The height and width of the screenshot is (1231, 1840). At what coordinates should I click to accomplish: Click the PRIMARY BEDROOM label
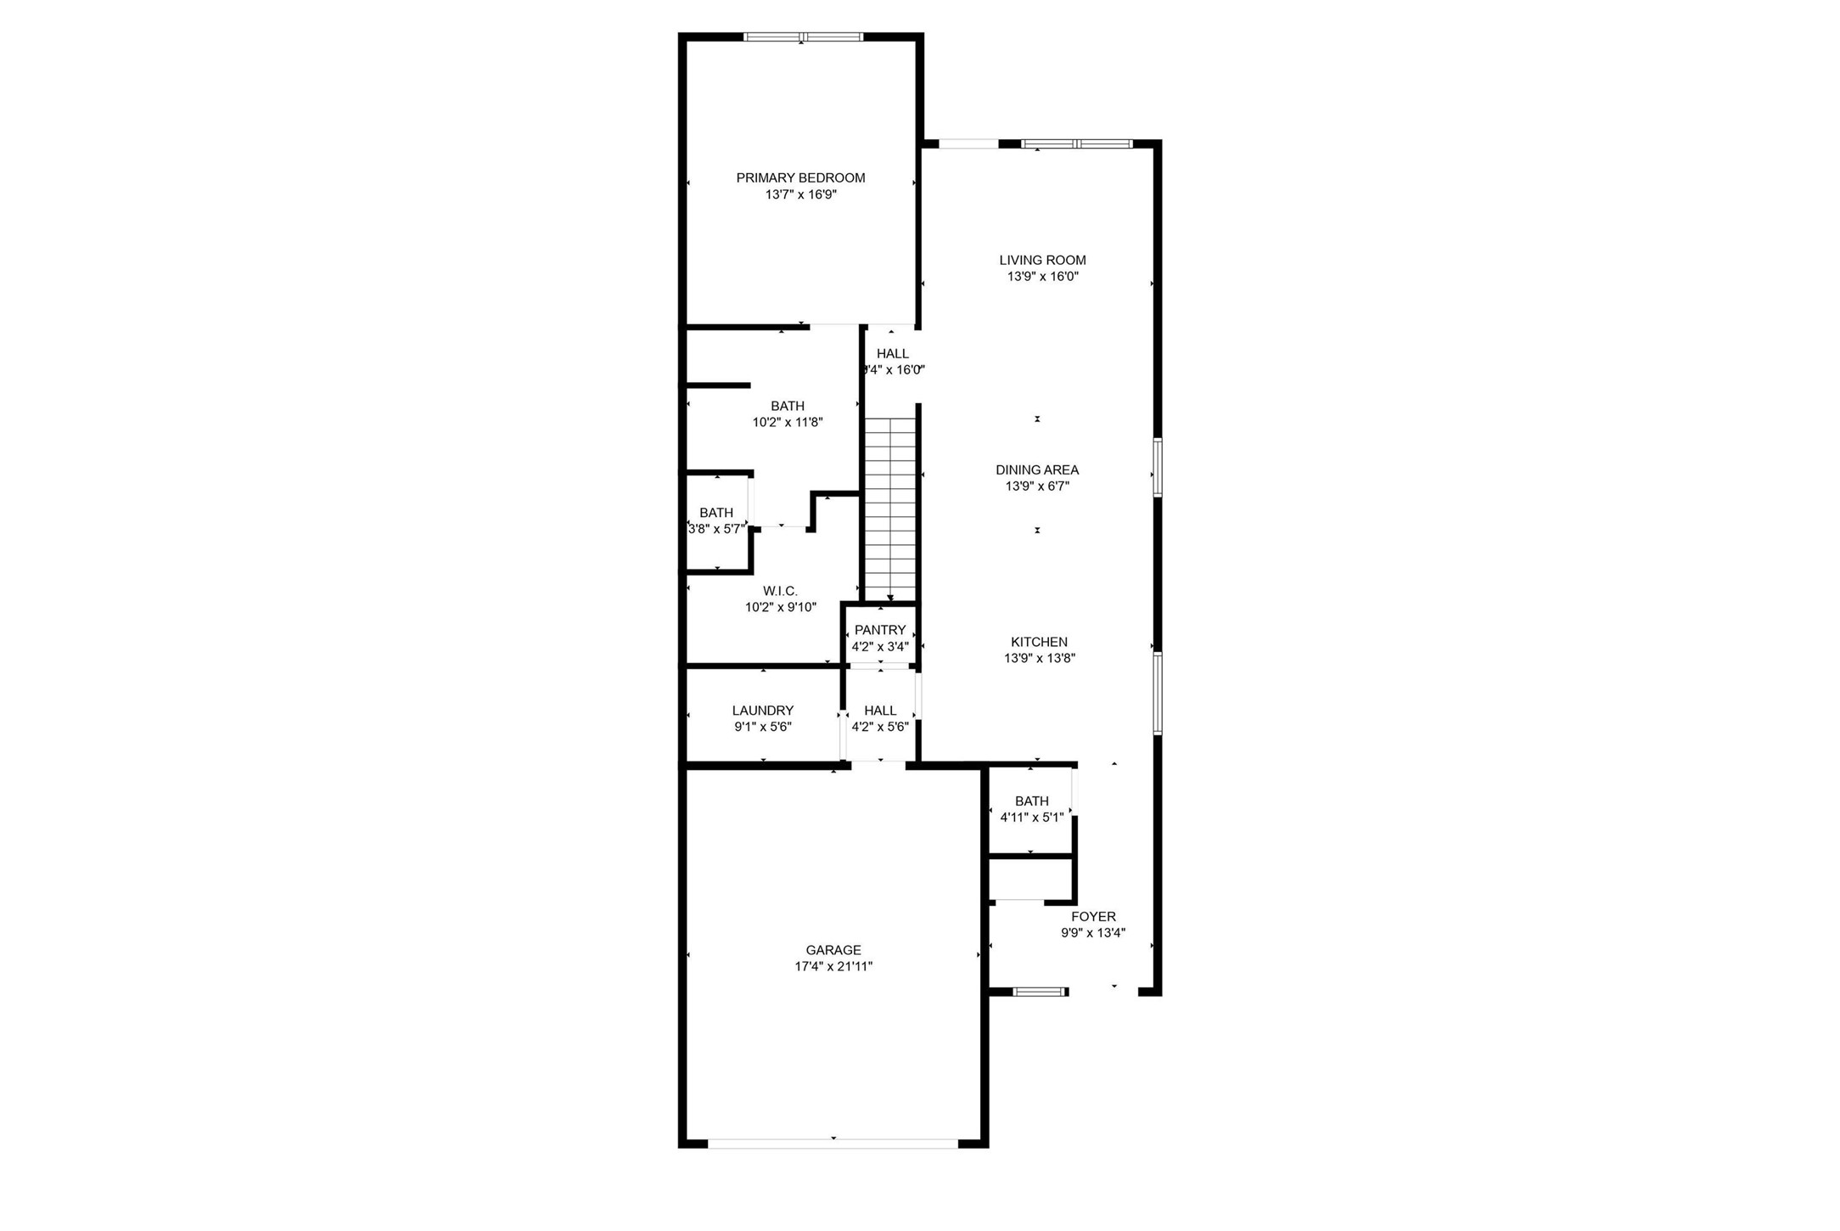click(800, 177)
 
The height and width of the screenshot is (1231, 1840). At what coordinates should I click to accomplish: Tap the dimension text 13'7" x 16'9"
click(800, 194)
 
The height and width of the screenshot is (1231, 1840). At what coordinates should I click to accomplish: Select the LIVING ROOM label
click(1042, 260)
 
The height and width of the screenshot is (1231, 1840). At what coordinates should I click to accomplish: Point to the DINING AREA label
click(1037, 469)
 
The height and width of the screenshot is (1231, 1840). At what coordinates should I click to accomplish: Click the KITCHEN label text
click(1039, 642)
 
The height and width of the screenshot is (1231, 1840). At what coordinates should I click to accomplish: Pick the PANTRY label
click(880, 630)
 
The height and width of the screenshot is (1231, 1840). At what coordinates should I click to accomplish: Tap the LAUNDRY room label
click(763, 711)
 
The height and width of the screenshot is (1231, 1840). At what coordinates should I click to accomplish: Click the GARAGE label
click(833, 950)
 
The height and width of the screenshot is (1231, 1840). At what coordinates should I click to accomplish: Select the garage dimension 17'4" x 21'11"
click(833, 966)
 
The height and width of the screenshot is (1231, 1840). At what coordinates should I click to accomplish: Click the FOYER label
click(1093, 916)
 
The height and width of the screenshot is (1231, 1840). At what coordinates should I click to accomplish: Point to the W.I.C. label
click(780, 591)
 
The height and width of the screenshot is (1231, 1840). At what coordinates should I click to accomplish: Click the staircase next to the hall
click(890, 509)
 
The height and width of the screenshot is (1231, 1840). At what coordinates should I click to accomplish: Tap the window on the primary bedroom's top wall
click(803, 37)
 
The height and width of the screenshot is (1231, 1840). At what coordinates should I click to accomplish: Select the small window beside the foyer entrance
click(1040, 991)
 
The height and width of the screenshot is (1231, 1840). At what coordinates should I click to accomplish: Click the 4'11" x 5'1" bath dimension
click(1031, 818)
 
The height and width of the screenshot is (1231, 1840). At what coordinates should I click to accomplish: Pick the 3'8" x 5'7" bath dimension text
click(716, 529)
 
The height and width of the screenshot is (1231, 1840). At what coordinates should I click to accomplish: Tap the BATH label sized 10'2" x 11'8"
click(788, 406)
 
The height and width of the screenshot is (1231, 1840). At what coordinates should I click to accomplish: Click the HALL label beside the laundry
click(880, 711)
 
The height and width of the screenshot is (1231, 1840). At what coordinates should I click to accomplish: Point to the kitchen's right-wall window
click(1157, 692)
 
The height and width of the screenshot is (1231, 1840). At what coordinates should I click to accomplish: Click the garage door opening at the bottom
click(833, 1144)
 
